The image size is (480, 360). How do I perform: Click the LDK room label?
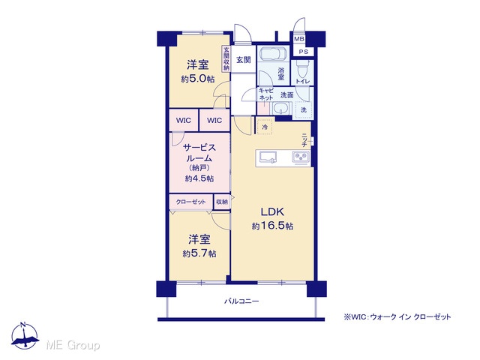click(x=272, y=211)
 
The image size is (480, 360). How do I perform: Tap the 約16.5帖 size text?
click(x=272, y=226)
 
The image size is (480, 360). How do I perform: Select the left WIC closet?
click(x=184, y=120)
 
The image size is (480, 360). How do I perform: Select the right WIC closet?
click(x=214, y=120)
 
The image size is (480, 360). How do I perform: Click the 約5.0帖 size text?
click(x=198, y=79)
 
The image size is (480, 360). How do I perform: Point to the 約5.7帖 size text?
click(x=199, y=253)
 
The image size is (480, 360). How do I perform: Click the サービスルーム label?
click(x=199, y=153)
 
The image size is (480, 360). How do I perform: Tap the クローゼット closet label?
click(x=190, y=202)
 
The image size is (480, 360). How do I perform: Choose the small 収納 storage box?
click(x=222, y=202)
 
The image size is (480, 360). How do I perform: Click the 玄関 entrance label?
click(x=243, y=60)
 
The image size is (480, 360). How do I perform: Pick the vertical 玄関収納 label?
click(x=226, y=58)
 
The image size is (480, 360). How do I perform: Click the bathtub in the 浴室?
click(x=273, y=53)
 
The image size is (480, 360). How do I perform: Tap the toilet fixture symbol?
click(x=302, y=68)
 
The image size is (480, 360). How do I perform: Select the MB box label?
click(x=298, y=39)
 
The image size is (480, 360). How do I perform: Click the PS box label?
click(x=303, y=52)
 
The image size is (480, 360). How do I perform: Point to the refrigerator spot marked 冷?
click(x=265, y=127)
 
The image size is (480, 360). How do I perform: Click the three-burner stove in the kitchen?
click(x=301, y=158)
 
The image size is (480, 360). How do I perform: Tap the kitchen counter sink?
click(x=268, y=157)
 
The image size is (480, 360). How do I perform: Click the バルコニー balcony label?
click(x=241, y=301)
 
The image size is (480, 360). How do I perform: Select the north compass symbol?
click(x=25, y=336)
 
